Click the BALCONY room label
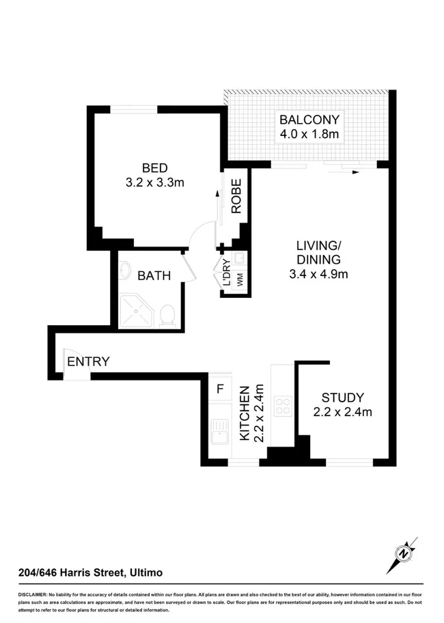309,120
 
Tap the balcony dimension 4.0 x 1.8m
309,135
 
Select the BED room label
155,168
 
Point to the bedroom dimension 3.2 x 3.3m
155,182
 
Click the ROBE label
236,196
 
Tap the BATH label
154,276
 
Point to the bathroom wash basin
125,271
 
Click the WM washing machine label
240,279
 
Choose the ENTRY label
88,362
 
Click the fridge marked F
220,389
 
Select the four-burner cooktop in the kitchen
282,406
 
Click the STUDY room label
343,398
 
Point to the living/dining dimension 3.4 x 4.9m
318,275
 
